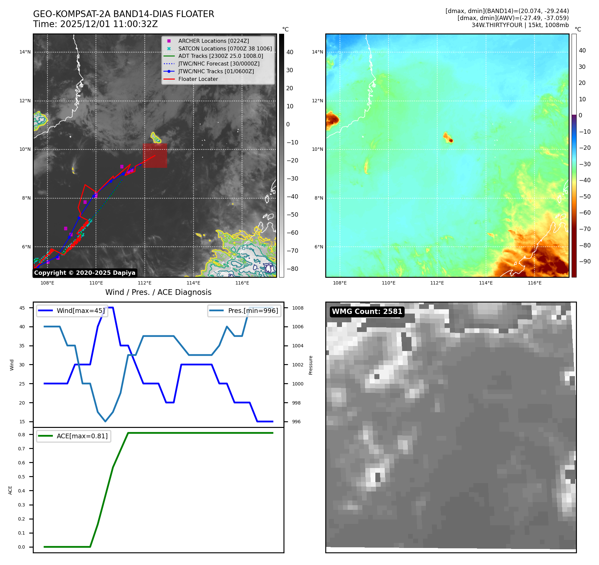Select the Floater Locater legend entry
pos(198,79)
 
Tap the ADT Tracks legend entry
pos(221,56)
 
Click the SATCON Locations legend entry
pos(225,48)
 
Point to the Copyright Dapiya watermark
pos(85,273)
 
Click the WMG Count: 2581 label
pos(367,312)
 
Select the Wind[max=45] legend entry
pos(80,311)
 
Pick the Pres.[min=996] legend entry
pos(253,311)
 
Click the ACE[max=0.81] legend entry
pos(82,436)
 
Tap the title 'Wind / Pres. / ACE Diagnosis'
pos(158,292)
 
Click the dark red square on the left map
pos(155,155)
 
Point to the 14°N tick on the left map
pos(25,52)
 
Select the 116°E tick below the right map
pos(534,283)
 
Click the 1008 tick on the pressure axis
pos(297,308)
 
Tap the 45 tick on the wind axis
pos(22,308)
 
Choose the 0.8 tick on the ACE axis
pos(22,435)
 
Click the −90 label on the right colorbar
pos(585,261)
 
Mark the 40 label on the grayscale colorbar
pos(290,52)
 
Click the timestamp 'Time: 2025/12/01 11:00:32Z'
pos(95,24)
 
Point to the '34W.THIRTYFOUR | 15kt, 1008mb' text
pos(520,25)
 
